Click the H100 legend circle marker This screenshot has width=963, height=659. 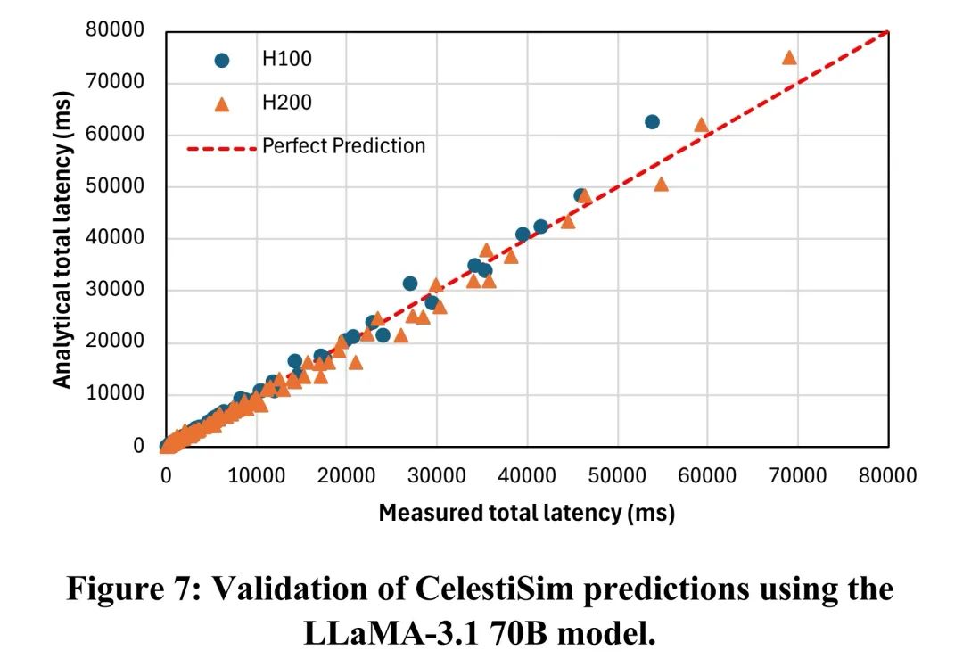point(222,60)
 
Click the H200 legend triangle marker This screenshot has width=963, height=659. point(222,103)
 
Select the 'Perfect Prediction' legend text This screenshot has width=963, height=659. point(343,145)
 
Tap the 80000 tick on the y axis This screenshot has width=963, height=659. point(115,30)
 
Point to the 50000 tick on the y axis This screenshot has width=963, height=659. point(115,186)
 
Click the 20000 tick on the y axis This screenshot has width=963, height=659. point(115,342)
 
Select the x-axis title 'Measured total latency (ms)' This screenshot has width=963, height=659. point(526,513)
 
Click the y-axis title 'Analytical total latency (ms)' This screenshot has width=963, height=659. point(62,239)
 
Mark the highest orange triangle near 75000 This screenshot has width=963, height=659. point(789,58)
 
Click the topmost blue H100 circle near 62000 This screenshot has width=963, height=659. point(652,121)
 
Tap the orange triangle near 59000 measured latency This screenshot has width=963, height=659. point(701,125)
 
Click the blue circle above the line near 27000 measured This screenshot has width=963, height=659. point(409,284)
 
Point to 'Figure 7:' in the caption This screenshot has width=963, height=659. point(128,590)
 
